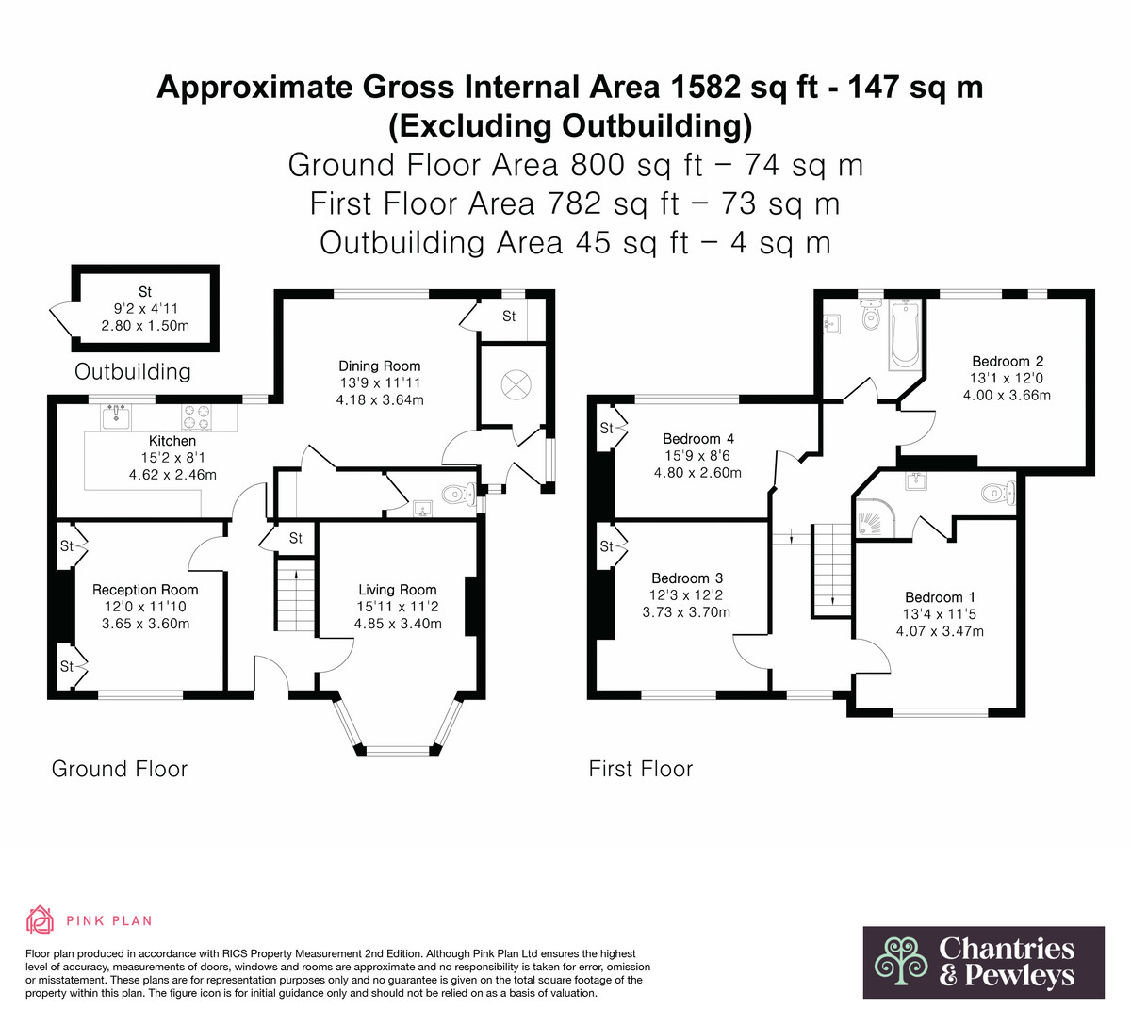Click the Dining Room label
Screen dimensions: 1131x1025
(x=379, y=366)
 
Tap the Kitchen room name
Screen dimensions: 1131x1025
(x=172, y=441)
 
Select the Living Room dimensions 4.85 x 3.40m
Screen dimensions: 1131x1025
(x=398, y=624)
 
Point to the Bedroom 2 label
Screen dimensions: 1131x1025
(x=1008, y=362)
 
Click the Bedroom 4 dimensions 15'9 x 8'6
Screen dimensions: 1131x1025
(x=697, y=456)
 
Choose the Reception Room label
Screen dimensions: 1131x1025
(x=145, y=590)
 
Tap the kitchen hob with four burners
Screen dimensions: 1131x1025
(x=196, y=417)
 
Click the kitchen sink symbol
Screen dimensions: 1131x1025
(x=116, y=417)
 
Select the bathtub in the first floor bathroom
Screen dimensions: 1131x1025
(x=904, y=334)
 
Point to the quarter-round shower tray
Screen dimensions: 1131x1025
(x=869, y=516)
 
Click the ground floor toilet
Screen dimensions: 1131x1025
(x=460, y=495)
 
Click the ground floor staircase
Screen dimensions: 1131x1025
(x=295, y=594)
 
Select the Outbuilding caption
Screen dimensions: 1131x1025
(x=133, y=372)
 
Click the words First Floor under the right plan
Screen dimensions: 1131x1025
(x=641, y=769)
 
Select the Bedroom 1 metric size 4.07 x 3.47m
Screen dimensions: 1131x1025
(x=940, y=631)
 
